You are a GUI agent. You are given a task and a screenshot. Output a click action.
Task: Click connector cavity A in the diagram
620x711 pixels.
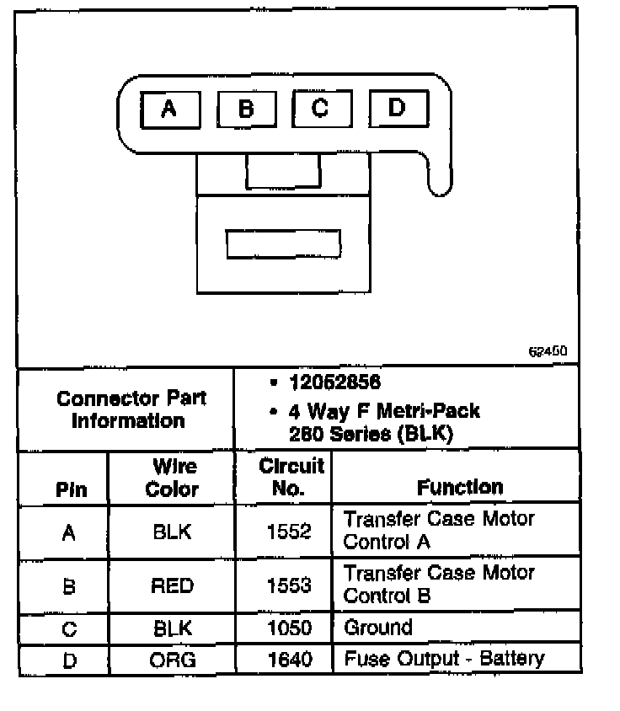(169, 110)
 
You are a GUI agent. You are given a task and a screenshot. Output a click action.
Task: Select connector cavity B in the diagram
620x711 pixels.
(246, 110)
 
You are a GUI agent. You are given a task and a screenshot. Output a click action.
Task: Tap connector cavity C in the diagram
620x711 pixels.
(321, 109)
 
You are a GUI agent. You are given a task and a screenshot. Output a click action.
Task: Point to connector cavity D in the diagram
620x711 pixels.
(398, 108)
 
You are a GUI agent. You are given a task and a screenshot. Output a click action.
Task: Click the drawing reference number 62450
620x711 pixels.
(548, 351)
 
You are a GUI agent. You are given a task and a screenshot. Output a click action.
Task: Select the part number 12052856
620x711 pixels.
(334, 383)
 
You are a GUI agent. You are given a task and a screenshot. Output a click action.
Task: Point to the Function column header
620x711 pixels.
(459, 487)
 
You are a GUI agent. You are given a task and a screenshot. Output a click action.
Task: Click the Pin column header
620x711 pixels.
(70, 489)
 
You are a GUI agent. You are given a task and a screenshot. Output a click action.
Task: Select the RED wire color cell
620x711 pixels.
(172, 585)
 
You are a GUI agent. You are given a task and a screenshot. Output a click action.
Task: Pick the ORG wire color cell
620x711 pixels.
(172, 660)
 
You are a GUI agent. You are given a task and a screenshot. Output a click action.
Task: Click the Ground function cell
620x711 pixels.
(378, 628)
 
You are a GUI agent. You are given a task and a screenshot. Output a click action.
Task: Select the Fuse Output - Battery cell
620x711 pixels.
(444, 659)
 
